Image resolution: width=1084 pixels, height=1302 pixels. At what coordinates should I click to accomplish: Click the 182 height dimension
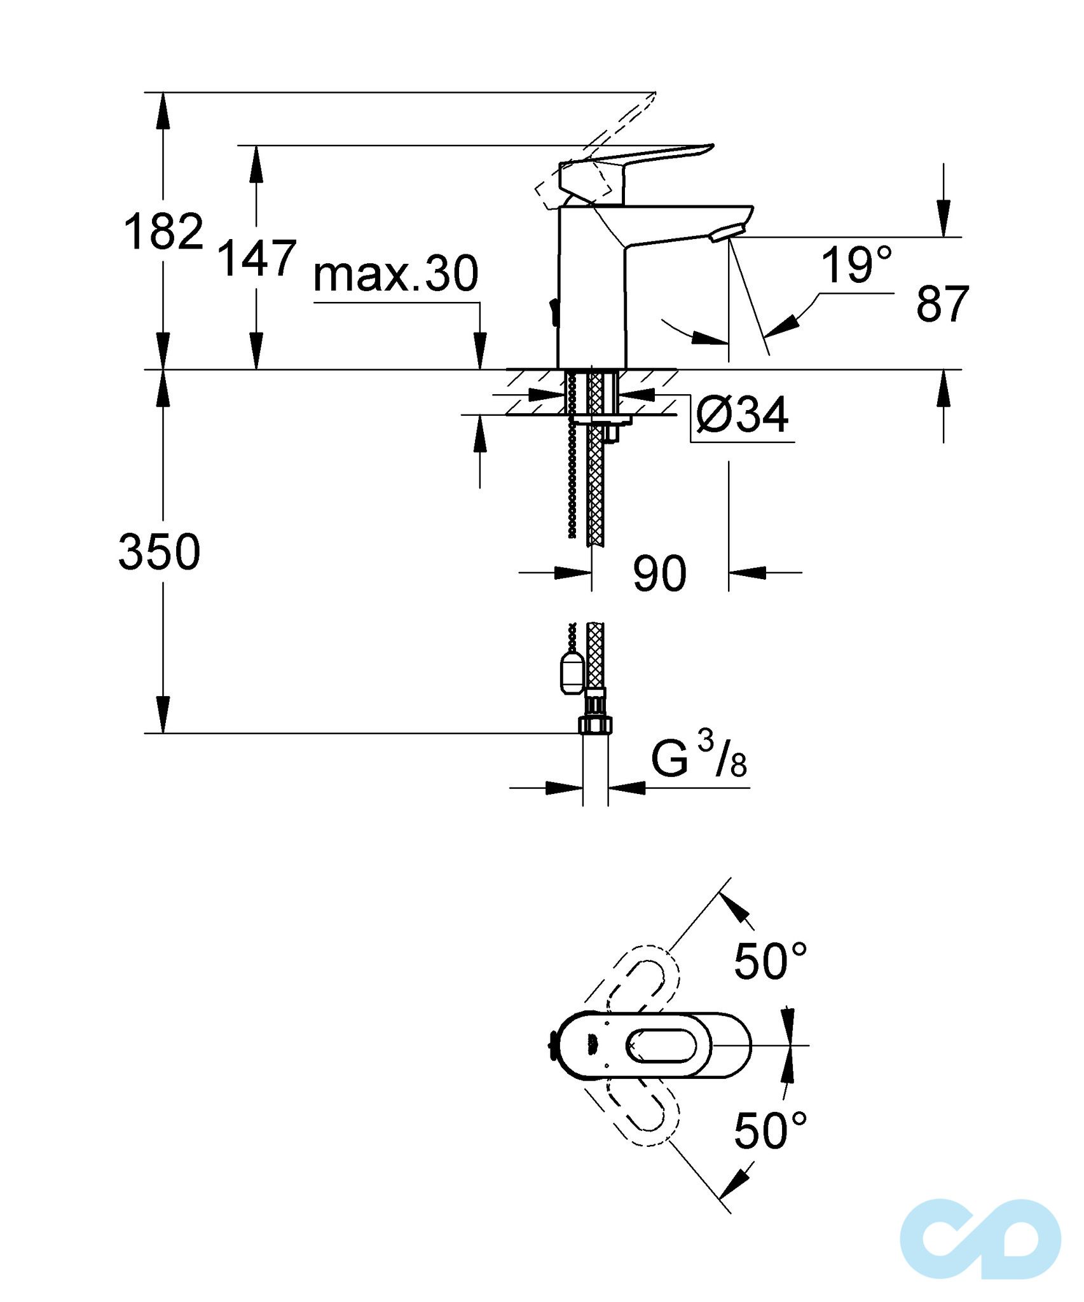point(163,232)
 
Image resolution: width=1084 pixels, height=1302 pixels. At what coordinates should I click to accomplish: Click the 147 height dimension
point(257,258)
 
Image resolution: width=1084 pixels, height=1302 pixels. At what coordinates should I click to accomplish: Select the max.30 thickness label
point(395,275)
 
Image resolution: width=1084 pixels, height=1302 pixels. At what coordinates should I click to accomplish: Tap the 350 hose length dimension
point(160,552)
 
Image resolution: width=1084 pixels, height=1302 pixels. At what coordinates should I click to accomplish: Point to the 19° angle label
point(856,265)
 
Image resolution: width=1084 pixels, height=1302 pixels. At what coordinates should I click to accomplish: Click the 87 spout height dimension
point(942,305)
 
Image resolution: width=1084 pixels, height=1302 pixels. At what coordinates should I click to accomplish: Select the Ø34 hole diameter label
point(742,415)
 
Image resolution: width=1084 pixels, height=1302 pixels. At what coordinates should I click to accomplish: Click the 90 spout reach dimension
point(659,574)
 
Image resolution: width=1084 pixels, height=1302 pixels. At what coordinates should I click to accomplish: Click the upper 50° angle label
point(770,961)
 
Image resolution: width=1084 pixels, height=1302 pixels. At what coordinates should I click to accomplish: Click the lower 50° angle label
point(770,1132)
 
